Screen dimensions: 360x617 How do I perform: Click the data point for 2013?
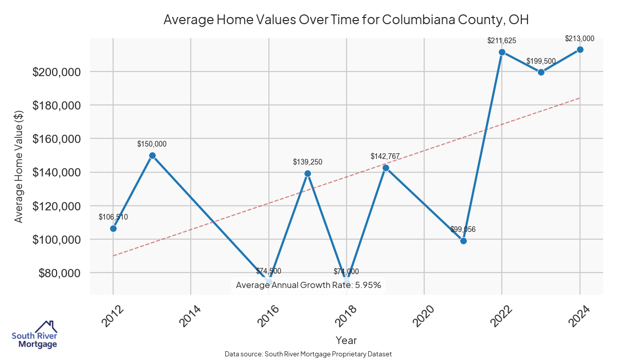pyautogui.click(x=152, y=155)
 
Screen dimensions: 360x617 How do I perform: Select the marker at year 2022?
pyautogui.click(x=502, y=52)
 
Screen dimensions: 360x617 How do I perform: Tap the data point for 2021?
pyautogui.click(x=463, y=241)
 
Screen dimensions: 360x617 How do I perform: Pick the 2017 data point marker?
pyautogui.click(x=307, y=173)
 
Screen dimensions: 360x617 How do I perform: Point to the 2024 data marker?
pyautogui.click(x=580, y=49)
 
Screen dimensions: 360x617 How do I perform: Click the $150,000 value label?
pyautogui.click(x=152, y=145)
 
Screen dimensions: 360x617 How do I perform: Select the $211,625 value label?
pyautogui.click(x=502, y=40)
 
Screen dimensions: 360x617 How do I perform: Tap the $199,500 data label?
pyautogui.click(x=541, y=61)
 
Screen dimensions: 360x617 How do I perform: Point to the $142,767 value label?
pyautogui.click(x=385, y=156)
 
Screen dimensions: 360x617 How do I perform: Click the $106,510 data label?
pyautogui.click(x=113, y=217)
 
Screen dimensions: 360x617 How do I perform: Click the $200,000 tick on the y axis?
pyautogui.click(x=57, y=72)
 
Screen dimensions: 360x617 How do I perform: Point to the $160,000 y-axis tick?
pyautogui.click(x=57, y=139)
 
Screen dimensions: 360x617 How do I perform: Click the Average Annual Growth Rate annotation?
pyautogui.click(x=308, y=285)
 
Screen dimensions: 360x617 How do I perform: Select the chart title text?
pyautogui.click(x=346, y=20)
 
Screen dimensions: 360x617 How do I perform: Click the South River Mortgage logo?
pyautogui.click(x=34, y=334)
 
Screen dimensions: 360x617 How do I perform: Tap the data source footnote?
pyautogui.click(x=308, y=354)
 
